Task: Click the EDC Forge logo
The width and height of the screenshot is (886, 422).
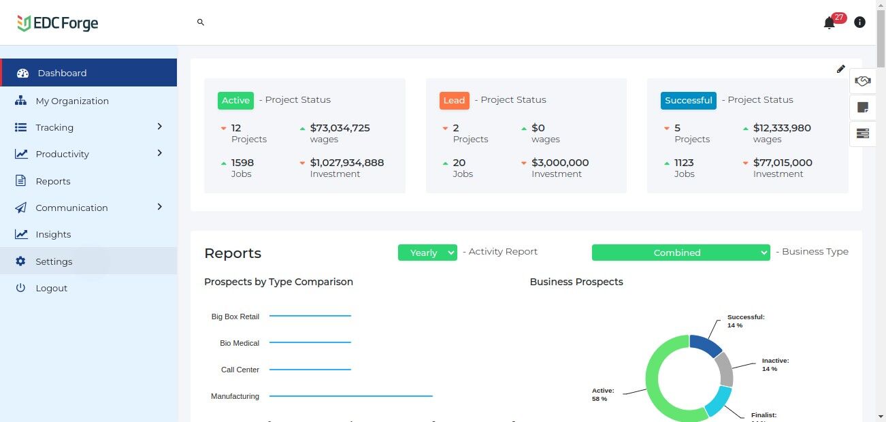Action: tap(58, 23)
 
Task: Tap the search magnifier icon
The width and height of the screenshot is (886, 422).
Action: tap(201, 22)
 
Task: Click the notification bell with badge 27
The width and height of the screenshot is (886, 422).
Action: tap(829, 23)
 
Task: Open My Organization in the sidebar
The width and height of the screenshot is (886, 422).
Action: tap(71, 101)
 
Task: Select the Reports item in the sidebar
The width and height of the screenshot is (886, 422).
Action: tap(53, 181)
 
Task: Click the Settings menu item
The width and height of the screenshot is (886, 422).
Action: tap(54, 261)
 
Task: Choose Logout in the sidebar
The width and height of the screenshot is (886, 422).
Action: tap(51, 288)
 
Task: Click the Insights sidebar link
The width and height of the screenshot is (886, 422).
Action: tap(53, 234)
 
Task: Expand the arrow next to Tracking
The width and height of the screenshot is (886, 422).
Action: tap(160, 127)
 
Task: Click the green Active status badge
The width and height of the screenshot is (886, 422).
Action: tap(235, 100)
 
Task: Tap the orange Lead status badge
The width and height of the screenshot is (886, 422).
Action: tap(454, 100)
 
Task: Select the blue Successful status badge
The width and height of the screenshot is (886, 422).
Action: tap(688, 100)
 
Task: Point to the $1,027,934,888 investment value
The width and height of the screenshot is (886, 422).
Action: tap(346, 163)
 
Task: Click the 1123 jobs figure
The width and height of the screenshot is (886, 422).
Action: tap(684, 163)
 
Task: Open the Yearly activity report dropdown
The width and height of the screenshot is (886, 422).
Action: tap(427, 253)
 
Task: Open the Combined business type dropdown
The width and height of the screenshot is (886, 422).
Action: tap(680, 253)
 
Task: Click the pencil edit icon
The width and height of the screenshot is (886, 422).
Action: tap(841, 69)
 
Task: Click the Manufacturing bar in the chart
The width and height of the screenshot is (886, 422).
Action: tap(350, 396)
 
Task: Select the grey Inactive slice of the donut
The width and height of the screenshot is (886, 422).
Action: tap(724, 370)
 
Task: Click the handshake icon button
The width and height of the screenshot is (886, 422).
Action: tap(863, 82)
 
